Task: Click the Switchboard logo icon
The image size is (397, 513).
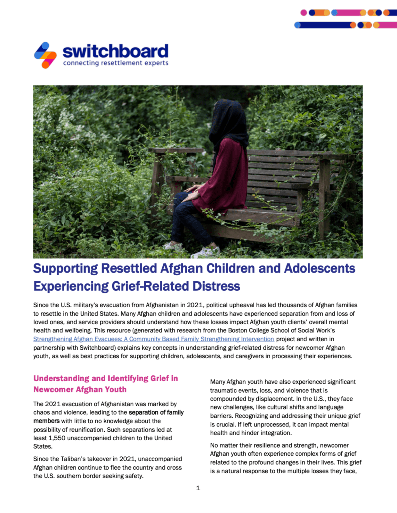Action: pos(45,55)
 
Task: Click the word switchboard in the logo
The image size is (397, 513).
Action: pos(115,50)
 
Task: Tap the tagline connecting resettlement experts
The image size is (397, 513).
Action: pos(115,63)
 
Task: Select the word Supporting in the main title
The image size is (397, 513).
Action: pos(66,268)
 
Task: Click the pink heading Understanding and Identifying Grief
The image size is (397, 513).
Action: pos(105,378)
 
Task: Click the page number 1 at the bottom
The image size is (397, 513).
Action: pos(198,488)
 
